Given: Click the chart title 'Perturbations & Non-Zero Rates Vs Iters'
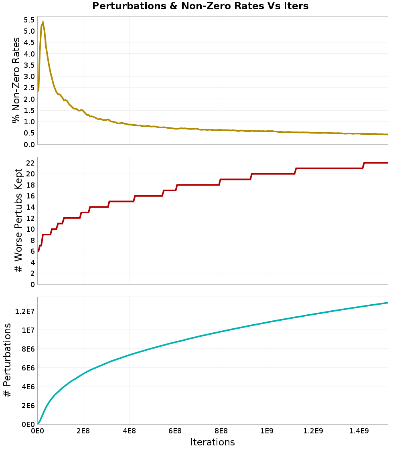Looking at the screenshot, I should click(x=200, y=6).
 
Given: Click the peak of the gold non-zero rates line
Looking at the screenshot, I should click(x=43, y=22).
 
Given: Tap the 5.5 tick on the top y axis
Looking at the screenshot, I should click(x=29, y=20).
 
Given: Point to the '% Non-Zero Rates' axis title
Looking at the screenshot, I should click(x=16, y=80).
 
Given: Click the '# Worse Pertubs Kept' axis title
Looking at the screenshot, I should click(x=18, y=220).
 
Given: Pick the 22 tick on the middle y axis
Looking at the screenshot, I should click(x=31, y=163).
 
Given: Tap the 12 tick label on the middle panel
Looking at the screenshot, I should click(x=31, y=218).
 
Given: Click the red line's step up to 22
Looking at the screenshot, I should click(x=363, y=165).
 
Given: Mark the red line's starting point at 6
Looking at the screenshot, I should click(x=38, y=251).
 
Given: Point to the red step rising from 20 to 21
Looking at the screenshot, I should click(x=296, y=171).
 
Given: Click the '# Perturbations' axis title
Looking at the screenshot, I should click(x=7, y=361).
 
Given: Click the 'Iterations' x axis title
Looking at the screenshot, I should click(x=213, y=442).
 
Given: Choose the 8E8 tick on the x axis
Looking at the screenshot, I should click(x=221, y=431).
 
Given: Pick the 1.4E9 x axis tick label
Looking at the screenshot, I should click(x=358, y=431).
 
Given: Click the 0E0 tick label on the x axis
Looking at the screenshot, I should click(x=37, y=431).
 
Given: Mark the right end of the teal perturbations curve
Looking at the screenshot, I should click(x=387, y=303).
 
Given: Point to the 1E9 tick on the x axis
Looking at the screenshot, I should click(x=267, y=431).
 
